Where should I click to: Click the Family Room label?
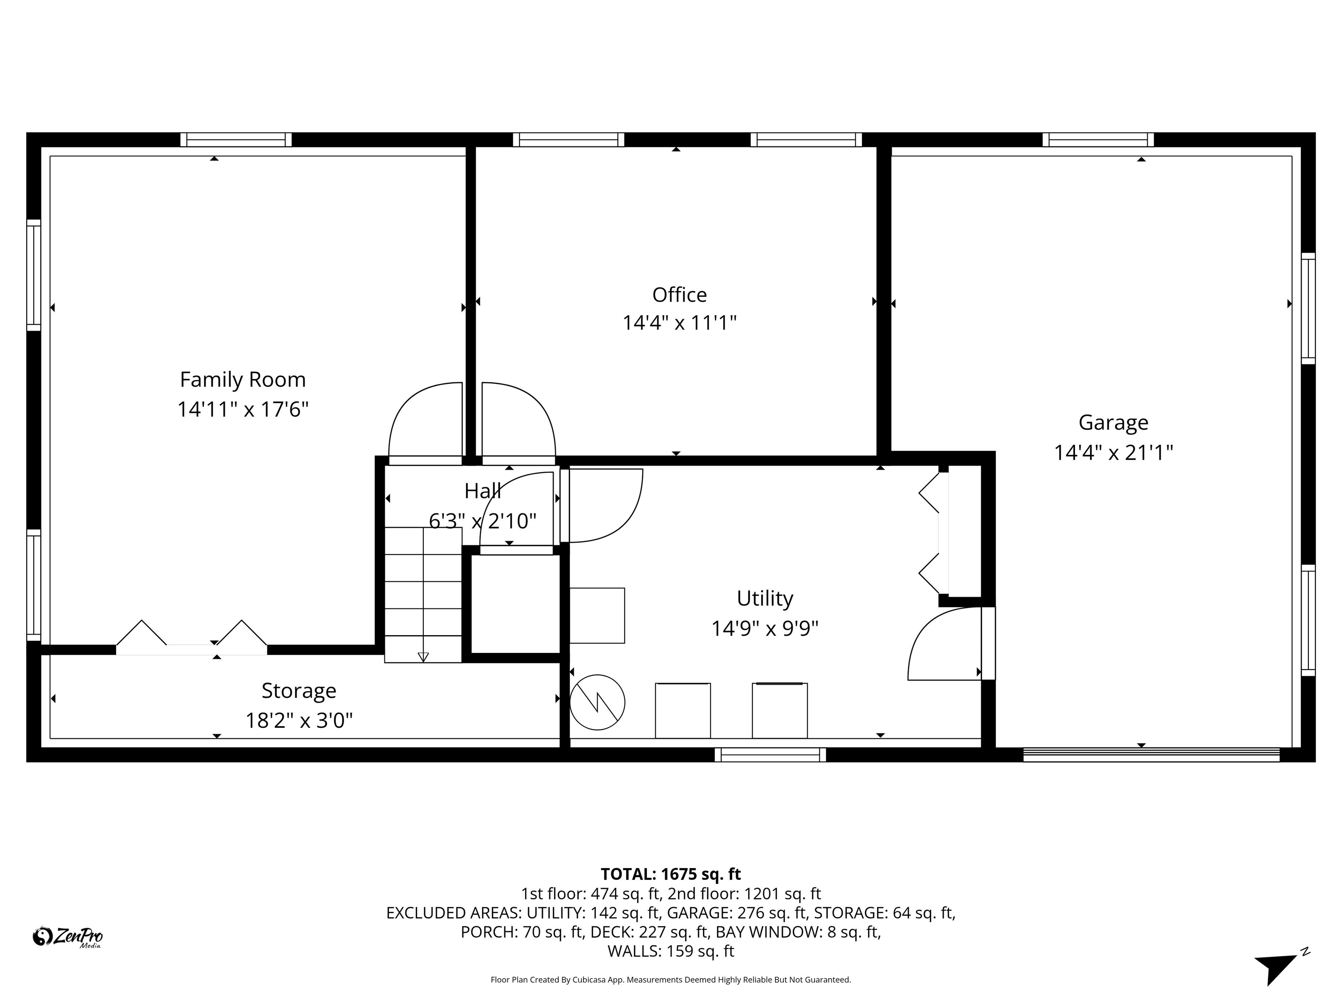[243, 380]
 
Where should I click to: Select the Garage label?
[1113, 423]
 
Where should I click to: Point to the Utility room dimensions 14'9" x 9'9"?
[764, 628]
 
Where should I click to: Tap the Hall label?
[482, 490]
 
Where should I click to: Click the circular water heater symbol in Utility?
[597, 702]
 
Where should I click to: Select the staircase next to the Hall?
[423, 595]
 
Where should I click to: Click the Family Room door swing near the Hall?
[426, 420]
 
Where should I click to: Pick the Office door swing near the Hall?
[518, 420]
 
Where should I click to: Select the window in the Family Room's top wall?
[236, 139]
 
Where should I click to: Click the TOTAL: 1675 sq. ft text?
[671, 874]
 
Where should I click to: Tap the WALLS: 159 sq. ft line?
[671, 951]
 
